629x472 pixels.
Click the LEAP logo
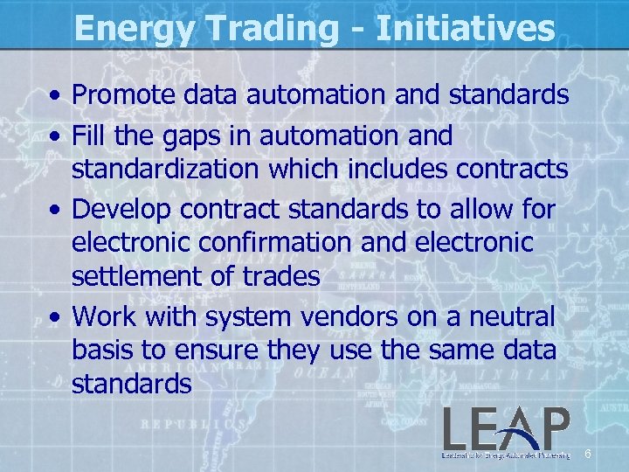[506, 434]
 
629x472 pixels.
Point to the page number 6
[588, 454]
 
